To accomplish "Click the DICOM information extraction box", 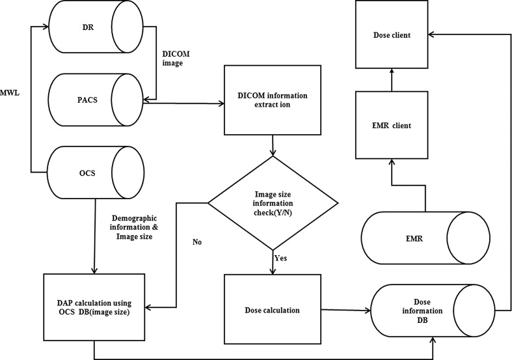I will (273, 100).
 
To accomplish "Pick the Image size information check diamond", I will (273, 202).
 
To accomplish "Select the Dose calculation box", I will (273, 310).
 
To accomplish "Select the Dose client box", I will (392, 35).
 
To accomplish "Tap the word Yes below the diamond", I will (280, 258).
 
